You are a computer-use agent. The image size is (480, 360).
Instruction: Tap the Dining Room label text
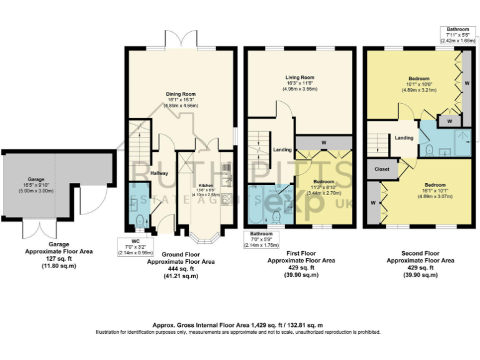pos(181,94)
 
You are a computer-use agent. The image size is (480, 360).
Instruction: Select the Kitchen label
pos(206,186)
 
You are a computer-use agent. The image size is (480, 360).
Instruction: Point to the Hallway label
pos(159,173)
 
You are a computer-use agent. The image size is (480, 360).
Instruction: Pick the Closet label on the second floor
pos(381,169)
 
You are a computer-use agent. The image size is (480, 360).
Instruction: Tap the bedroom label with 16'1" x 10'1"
pos(435,189)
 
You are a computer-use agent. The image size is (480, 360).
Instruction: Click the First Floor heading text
pos(301,254)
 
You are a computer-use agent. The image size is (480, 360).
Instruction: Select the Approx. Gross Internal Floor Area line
pos(237,326)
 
